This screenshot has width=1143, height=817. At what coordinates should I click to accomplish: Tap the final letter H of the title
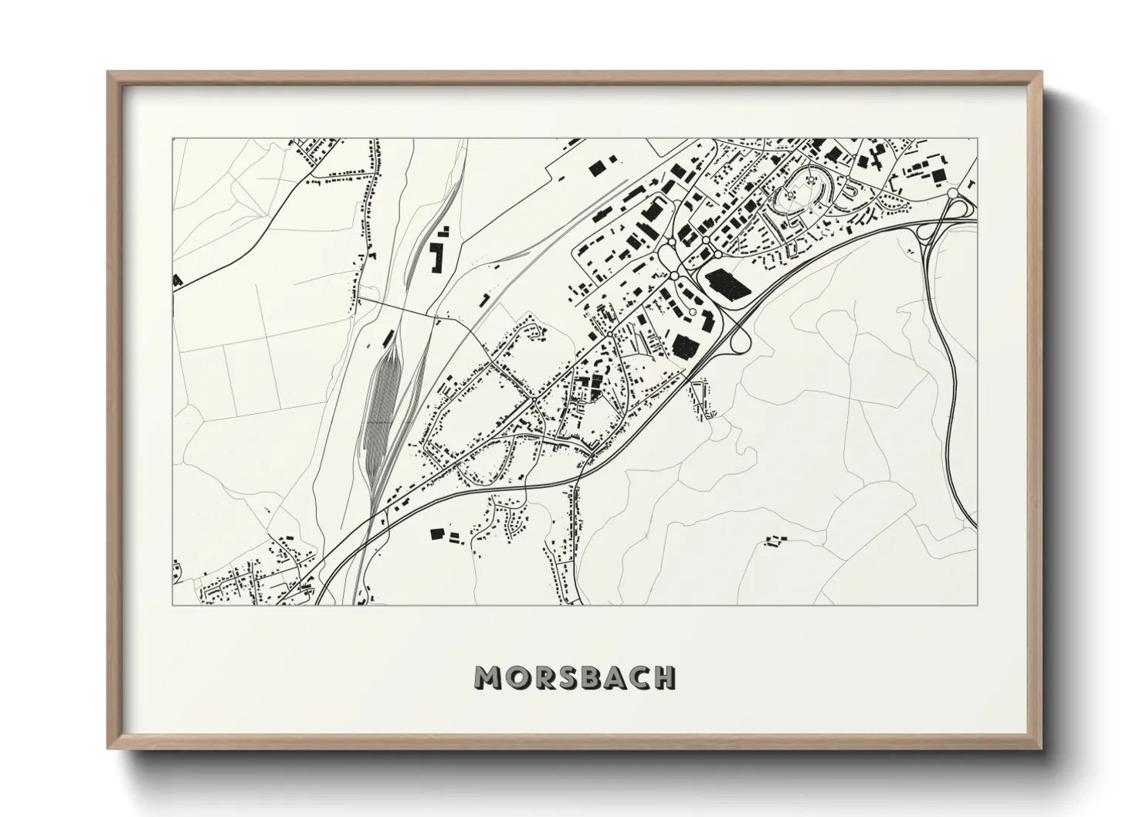pyautogui.click(x=663, y=677)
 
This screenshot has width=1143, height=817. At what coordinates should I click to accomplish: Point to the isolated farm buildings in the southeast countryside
pyautogui.click(x=773, y=540)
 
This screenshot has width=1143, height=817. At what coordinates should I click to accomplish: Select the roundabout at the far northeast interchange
pyautogui.click(x=952, y=193)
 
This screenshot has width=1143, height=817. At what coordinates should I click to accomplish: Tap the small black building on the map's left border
pyautogui.click(x=177, y=280)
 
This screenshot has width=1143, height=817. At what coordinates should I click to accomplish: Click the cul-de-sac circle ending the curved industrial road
pyautogui.click(x=693, y=311)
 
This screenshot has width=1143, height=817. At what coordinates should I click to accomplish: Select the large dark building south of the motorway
pyautogui.click(x=438, y=533)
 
